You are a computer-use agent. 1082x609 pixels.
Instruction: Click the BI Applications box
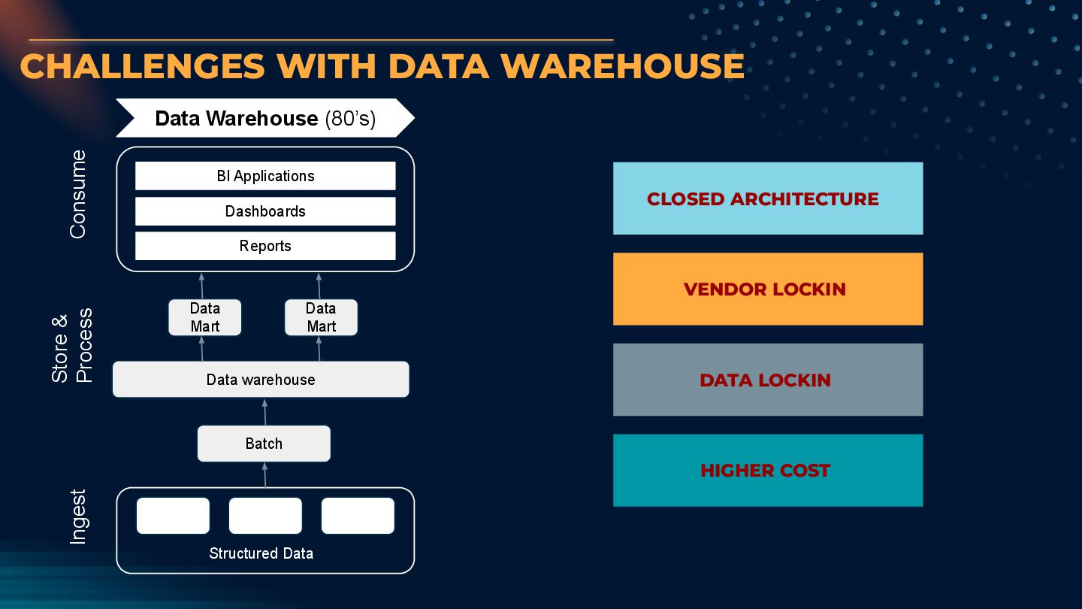point(265,176)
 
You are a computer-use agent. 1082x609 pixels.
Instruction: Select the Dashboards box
point(265,211)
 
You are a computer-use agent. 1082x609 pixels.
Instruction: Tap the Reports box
point(265,246)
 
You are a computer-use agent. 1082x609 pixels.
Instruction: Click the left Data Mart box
point(205,317)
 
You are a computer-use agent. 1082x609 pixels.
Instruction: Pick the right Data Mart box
point(321,317)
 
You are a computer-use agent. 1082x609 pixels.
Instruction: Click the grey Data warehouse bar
point(261,380)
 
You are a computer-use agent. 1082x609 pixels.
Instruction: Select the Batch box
point(264,444)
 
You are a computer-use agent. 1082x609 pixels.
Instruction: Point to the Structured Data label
point(261,553)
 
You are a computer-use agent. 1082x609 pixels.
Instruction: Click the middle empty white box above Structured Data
point(265,516)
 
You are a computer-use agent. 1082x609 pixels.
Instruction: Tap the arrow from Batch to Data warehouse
point(264,411)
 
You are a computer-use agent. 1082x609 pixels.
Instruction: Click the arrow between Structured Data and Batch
point(264,474)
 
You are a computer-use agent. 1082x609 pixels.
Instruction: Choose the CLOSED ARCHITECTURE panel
point(767,198)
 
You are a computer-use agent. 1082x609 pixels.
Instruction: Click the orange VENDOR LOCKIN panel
point(767,289)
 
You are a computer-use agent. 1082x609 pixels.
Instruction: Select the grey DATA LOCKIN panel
point(767,380)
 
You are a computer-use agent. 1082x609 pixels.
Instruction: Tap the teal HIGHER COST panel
point(767,471)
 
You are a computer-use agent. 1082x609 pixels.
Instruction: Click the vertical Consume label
point(78,194)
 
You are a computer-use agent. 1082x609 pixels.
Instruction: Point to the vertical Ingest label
point(78,517)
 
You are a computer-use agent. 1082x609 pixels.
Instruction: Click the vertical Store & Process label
point(72,345)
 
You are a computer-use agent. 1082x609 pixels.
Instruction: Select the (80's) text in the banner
point(350,119)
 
